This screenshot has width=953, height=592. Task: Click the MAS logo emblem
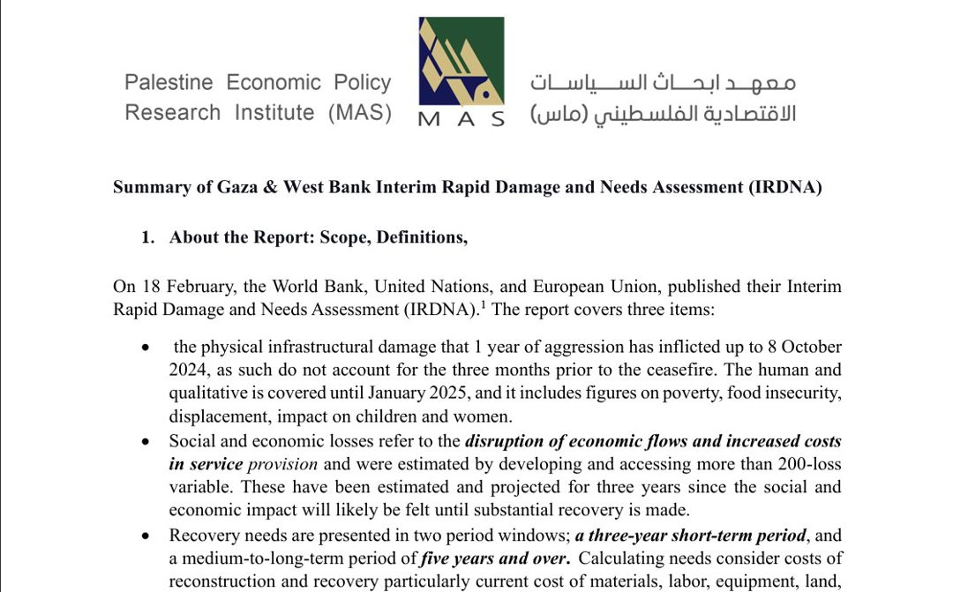[461, 62]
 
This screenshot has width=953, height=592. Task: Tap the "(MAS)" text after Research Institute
[359, 113]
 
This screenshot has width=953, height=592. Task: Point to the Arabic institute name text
[663, 98]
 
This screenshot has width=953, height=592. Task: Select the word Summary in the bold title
[146, 187]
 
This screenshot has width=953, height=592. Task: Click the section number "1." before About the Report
[148, 237]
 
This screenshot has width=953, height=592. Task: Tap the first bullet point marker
[146, 348]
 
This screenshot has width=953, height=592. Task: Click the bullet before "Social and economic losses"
[146, 441]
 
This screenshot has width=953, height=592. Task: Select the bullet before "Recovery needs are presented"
[146, 536]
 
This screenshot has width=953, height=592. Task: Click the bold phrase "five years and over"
[495, 558]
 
